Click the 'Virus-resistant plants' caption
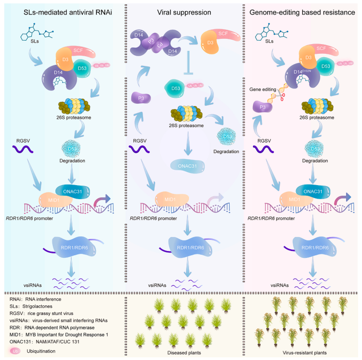(x=303, y=352)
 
